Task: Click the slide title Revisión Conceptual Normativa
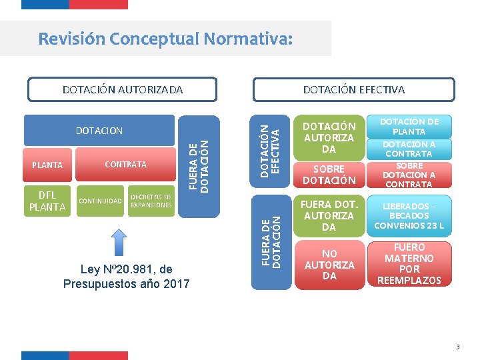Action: [x=165, y=39]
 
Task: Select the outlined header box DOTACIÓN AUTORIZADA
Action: [x=122, y=89]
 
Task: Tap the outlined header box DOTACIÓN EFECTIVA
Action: [x=353, y=89]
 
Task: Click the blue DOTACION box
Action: [x=99, y=131]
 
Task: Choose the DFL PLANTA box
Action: [x=47, y=201]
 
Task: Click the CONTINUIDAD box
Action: [x=100, y=201]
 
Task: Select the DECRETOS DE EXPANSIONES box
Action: [x=151, y=201]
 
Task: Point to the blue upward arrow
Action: [x=118, y=242]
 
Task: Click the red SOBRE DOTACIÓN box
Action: [x=329, y=174]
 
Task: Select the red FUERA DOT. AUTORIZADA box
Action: [x=329, y=215]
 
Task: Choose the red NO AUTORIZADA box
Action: [x=329, y=265]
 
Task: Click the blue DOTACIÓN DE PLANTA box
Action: [x=409, y=126]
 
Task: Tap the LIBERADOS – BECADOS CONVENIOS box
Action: [x=409, y=215]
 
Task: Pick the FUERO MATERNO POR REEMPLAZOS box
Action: [x=409, y=265]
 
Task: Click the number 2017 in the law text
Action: [x=174, y=284]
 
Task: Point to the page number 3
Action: [x=458, y=347]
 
